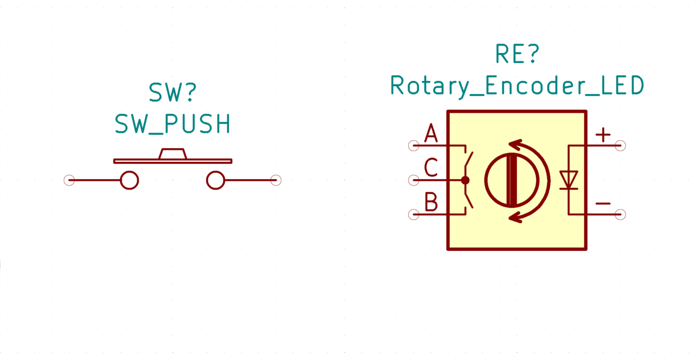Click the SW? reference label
(172, 92)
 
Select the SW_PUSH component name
(173, 123)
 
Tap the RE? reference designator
(517, 54)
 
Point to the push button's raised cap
(173, 153)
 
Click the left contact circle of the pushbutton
(130, 180)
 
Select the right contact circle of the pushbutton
(216, 180)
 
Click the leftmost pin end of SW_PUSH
(69, 180)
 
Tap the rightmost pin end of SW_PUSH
(276, 180)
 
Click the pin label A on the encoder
(431, 133)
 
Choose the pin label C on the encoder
(431, 168)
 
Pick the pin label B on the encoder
(431, 202)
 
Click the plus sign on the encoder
(603, 135)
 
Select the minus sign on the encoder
(603, 203)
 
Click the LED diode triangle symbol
(568, 180)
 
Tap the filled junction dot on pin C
(465, 180)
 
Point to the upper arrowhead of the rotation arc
(516, 145)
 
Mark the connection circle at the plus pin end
(621, 145)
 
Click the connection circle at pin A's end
(414, 145)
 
